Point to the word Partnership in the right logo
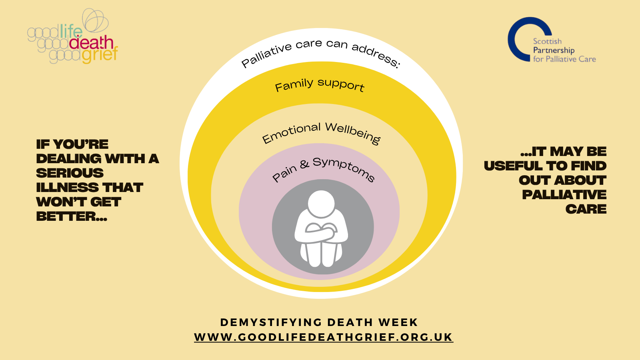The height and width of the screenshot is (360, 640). click(554, 50)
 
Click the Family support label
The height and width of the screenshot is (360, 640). click(320, 85)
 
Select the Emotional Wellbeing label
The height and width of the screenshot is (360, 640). click(321, 133)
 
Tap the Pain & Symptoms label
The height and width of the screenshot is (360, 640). click(323, 170)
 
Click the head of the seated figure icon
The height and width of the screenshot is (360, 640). click(321, 204)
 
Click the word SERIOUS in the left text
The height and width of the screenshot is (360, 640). click(70, 173)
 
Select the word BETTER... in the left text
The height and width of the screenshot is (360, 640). click(72, 216)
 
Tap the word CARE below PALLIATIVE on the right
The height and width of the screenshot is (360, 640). click(586, 209)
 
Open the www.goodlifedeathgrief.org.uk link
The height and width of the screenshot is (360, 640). click(324, 337)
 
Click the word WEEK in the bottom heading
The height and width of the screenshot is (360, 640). click(398, 322)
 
